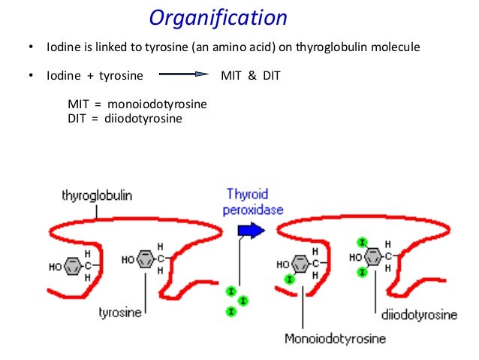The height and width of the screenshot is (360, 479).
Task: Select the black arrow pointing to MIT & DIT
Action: click(183, 74)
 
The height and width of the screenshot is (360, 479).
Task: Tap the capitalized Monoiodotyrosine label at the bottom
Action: click(335, 339)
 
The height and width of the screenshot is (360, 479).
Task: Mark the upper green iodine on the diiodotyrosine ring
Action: click(362, 242)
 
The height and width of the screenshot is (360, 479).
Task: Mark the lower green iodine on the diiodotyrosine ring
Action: click(362, 272)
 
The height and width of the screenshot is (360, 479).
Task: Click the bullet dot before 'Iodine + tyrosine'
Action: click(31, 75)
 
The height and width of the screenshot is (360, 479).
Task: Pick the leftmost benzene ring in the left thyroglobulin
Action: click(73, 266)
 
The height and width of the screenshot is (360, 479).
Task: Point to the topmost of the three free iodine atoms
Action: click(231, 290)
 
